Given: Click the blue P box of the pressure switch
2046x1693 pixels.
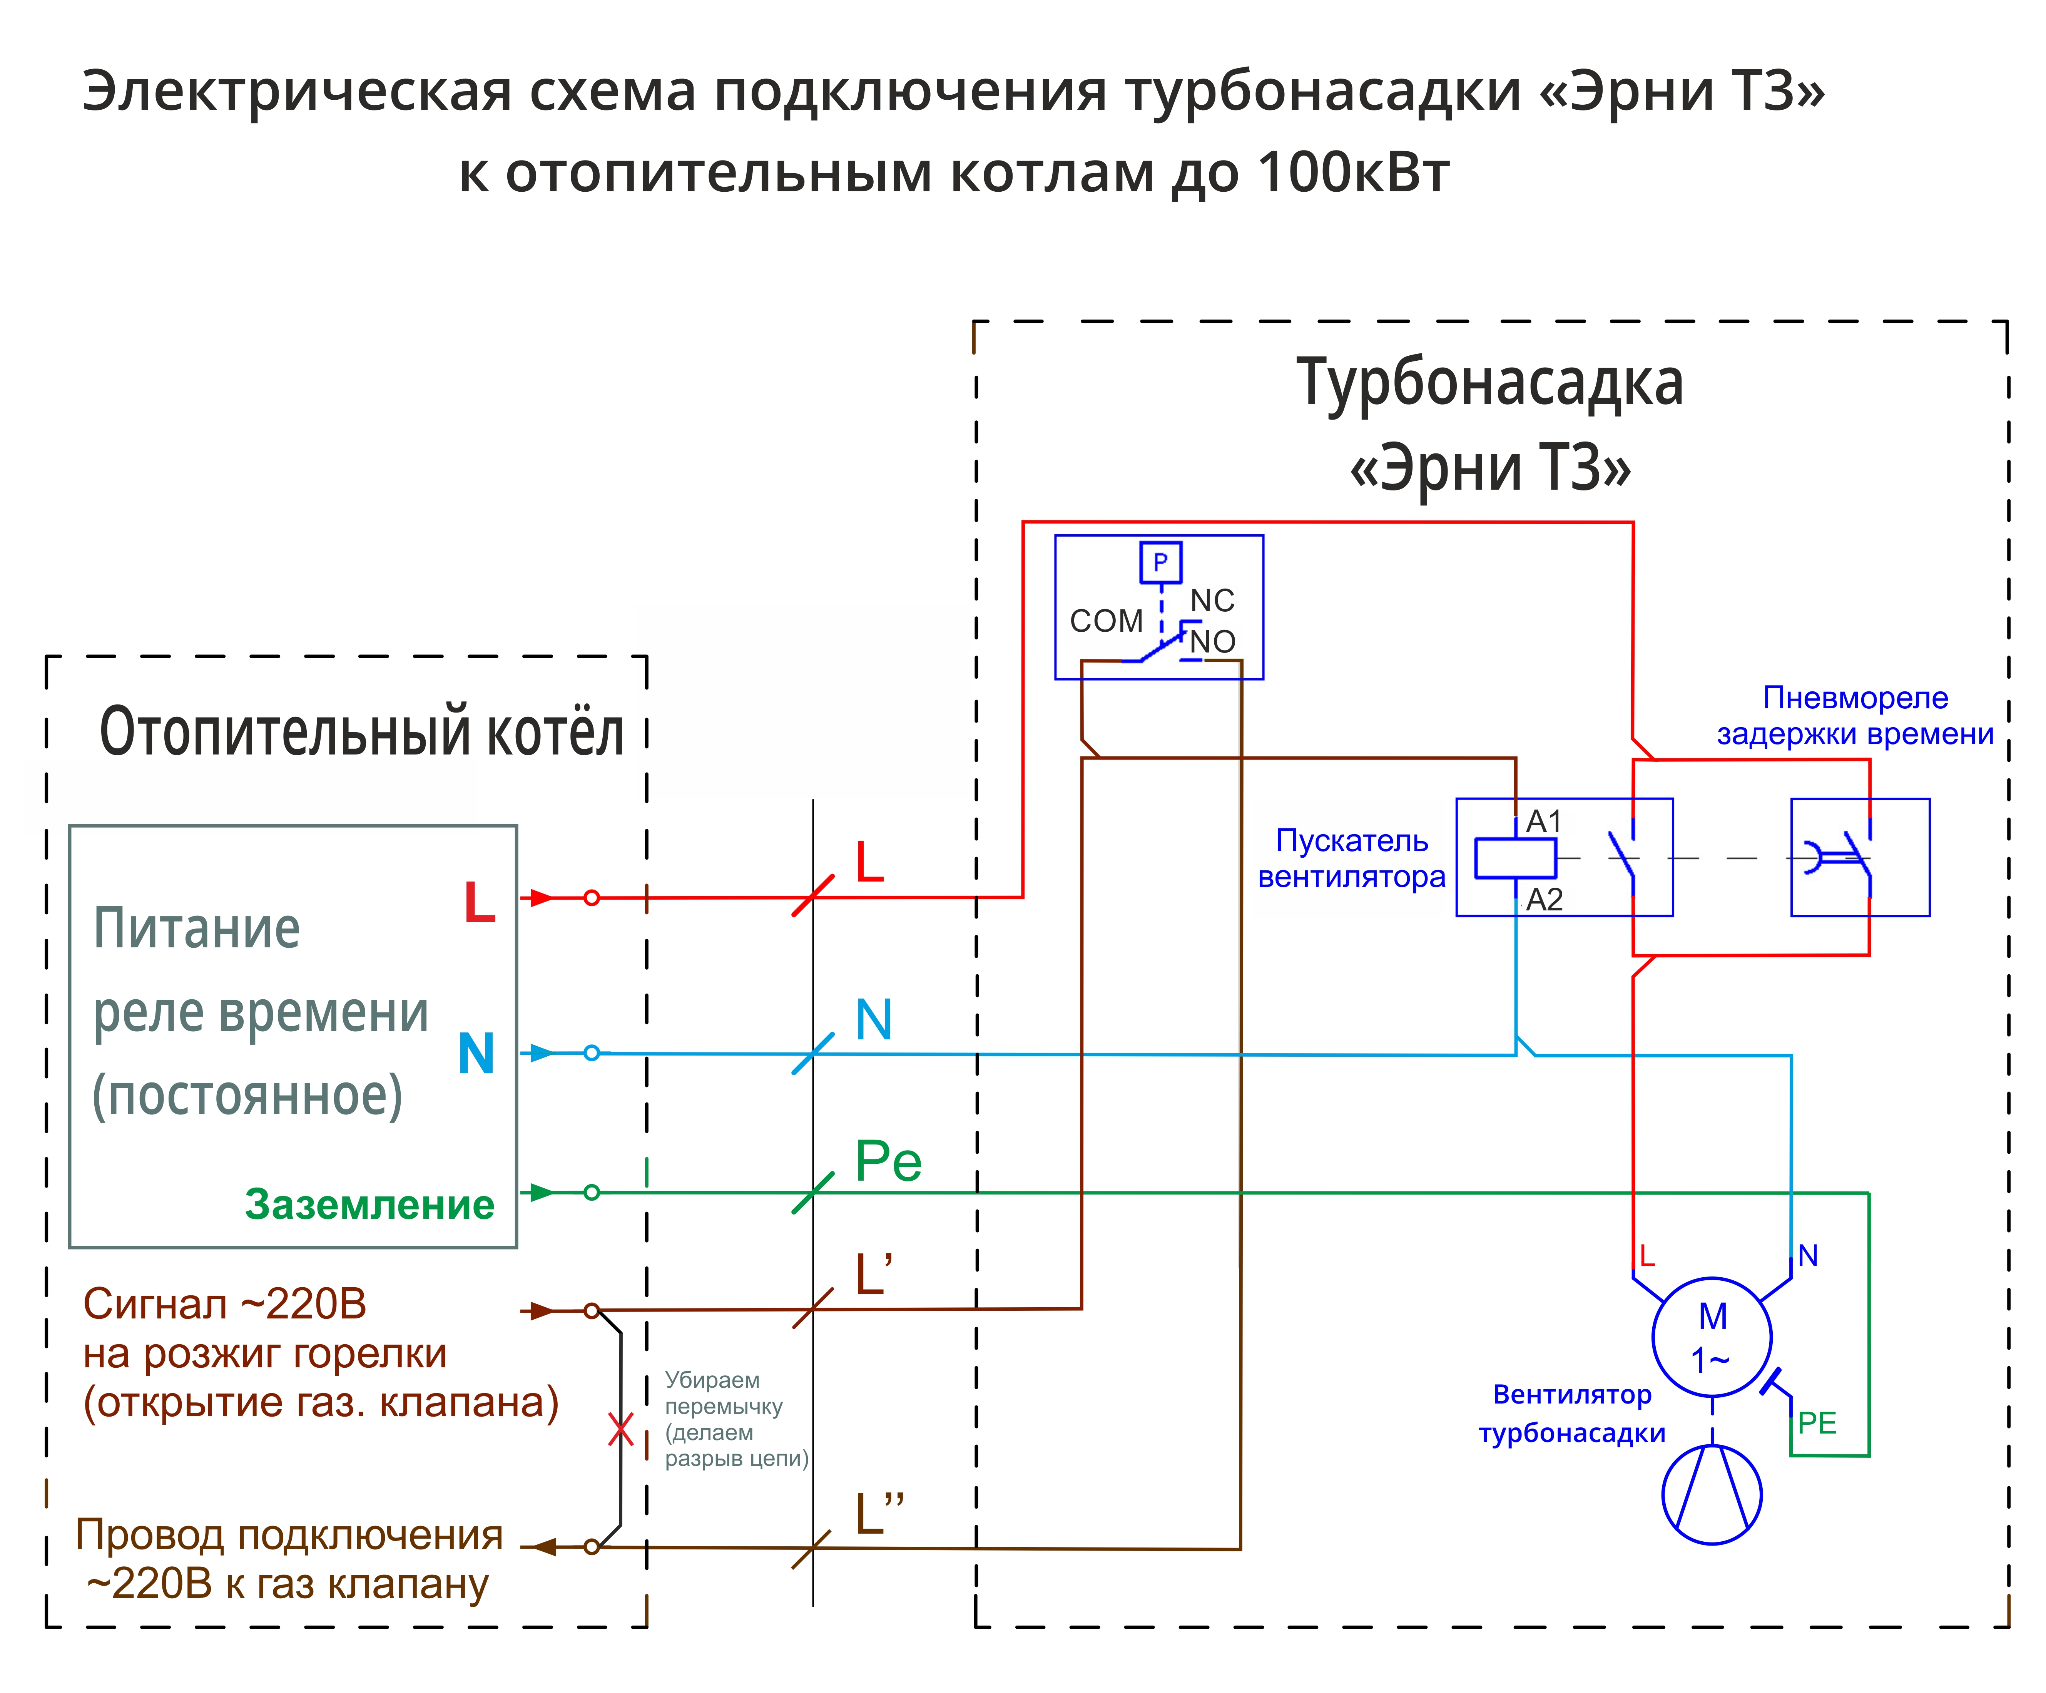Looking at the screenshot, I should [x=1160, y=562].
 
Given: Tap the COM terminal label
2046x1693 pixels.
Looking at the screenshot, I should [x=1106, y=621].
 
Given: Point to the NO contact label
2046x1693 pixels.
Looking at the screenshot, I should [x=1213, y=641].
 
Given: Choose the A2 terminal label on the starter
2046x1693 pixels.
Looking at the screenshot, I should [x=1544, y=898].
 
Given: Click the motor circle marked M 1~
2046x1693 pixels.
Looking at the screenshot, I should [x=1712, y=1337].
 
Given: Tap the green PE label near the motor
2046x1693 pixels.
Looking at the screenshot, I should [x=1817, y=1423].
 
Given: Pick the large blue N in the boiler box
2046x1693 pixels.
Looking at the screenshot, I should [x=476, y=1054].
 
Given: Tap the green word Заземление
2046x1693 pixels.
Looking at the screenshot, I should [x=369, y=1205].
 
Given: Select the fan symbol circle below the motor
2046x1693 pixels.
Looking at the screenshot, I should [x=1712, y=1494].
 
